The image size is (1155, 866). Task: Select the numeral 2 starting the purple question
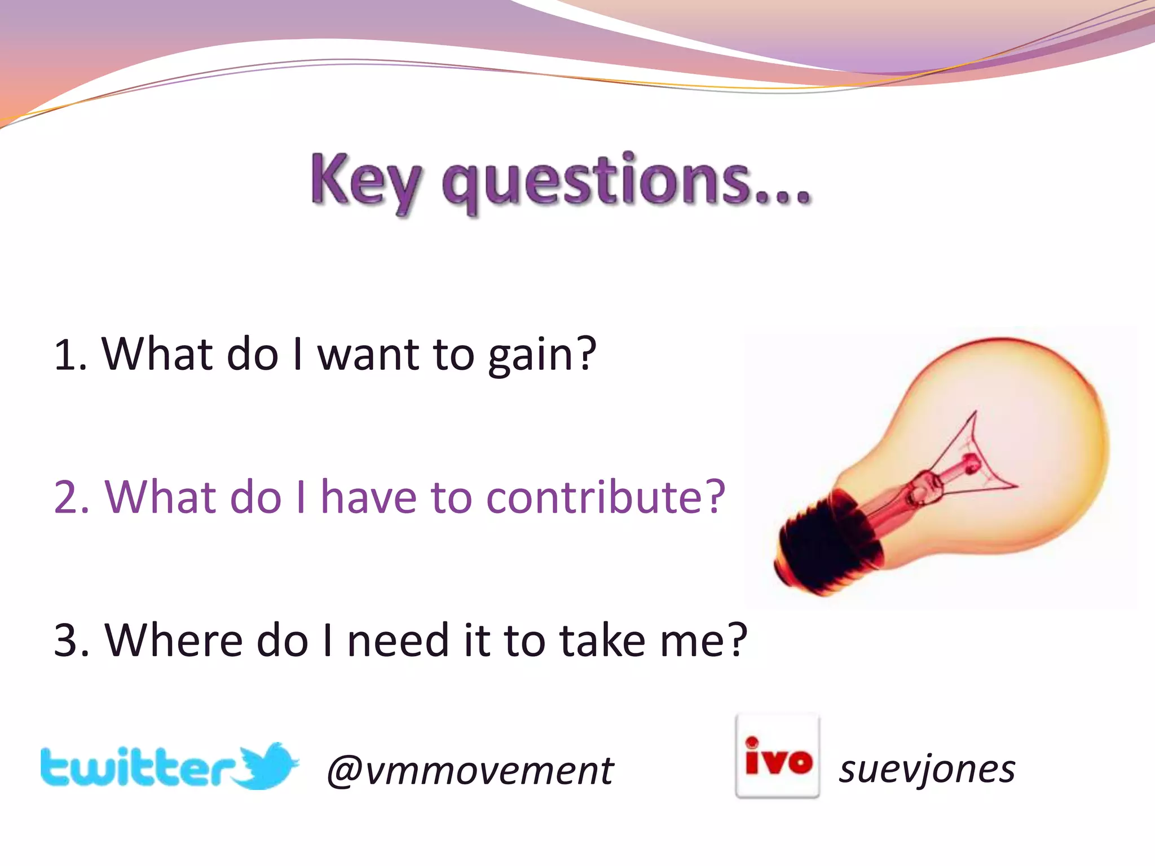click(x=69, y=498)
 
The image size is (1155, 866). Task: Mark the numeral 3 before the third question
click(x=69, y=642)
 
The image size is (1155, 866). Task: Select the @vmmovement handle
click(x=470, y=770)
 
